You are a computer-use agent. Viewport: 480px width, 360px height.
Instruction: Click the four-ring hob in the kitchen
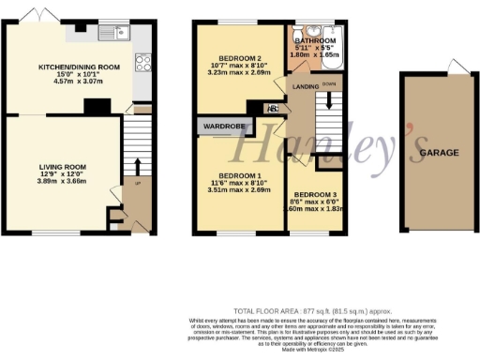pos(144,64)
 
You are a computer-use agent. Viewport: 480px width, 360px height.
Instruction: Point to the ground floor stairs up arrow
pos(139,168)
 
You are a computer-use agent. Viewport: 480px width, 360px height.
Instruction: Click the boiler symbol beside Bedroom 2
pos(273,107)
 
